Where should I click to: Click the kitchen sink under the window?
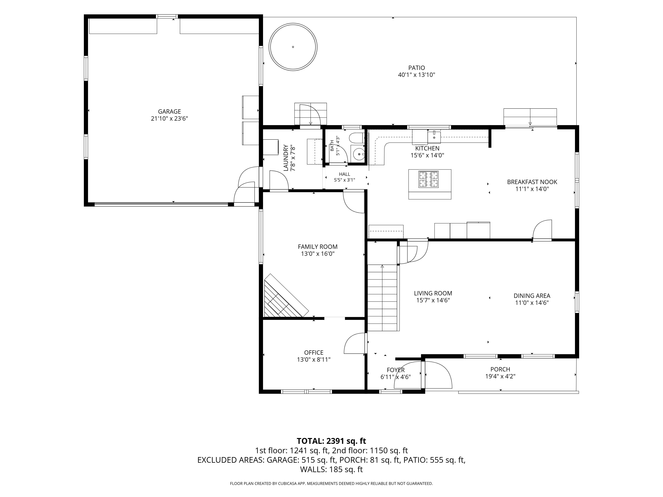pyautogui.click(x=434, y=137)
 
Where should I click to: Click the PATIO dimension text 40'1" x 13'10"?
pyautogui.click(x=416, y=75)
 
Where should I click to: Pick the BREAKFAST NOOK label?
pyautogui.click(x=532, y=182)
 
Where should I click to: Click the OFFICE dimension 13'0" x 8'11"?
pyautogui.click(x=314, y=359)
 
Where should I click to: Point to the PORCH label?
pyautogui.click(x=500, y=369)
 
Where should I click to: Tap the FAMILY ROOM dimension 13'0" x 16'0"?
pyautogui.click(x=318, y=254)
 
